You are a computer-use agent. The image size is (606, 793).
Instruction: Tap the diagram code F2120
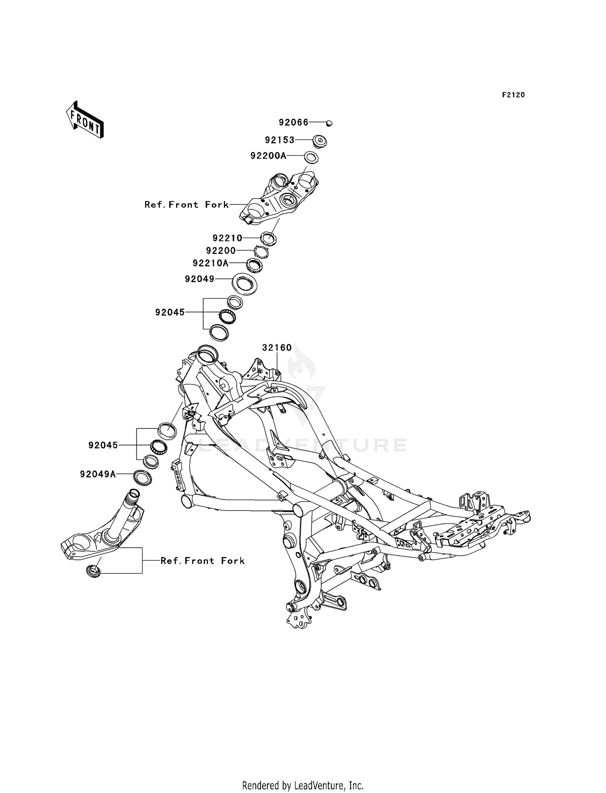[513, 95]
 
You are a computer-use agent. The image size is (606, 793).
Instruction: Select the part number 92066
[294, 122]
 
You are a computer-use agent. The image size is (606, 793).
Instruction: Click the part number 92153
[280, 140]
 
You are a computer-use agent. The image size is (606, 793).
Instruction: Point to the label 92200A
[269, 156]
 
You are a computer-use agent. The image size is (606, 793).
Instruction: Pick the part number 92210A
[210, 264]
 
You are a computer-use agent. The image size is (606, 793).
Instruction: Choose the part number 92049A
[98, 474]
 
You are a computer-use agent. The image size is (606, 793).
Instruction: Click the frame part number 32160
[277, 348]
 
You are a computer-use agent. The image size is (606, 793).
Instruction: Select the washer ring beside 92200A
[310, 158]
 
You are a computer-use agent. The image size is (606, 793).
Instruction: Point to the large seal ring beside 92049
[245, 284]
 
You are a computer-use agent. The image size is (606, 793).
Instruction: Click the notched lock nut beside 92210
[268, 237]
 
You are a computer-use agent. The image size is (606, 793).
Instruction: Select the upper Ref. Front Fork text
[187, 205]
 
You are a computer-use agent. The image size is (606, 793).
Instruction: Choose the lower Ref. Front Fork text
[203, 561]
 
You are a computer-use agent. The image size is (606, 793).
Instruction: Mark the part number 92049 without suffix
[200, 279]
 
